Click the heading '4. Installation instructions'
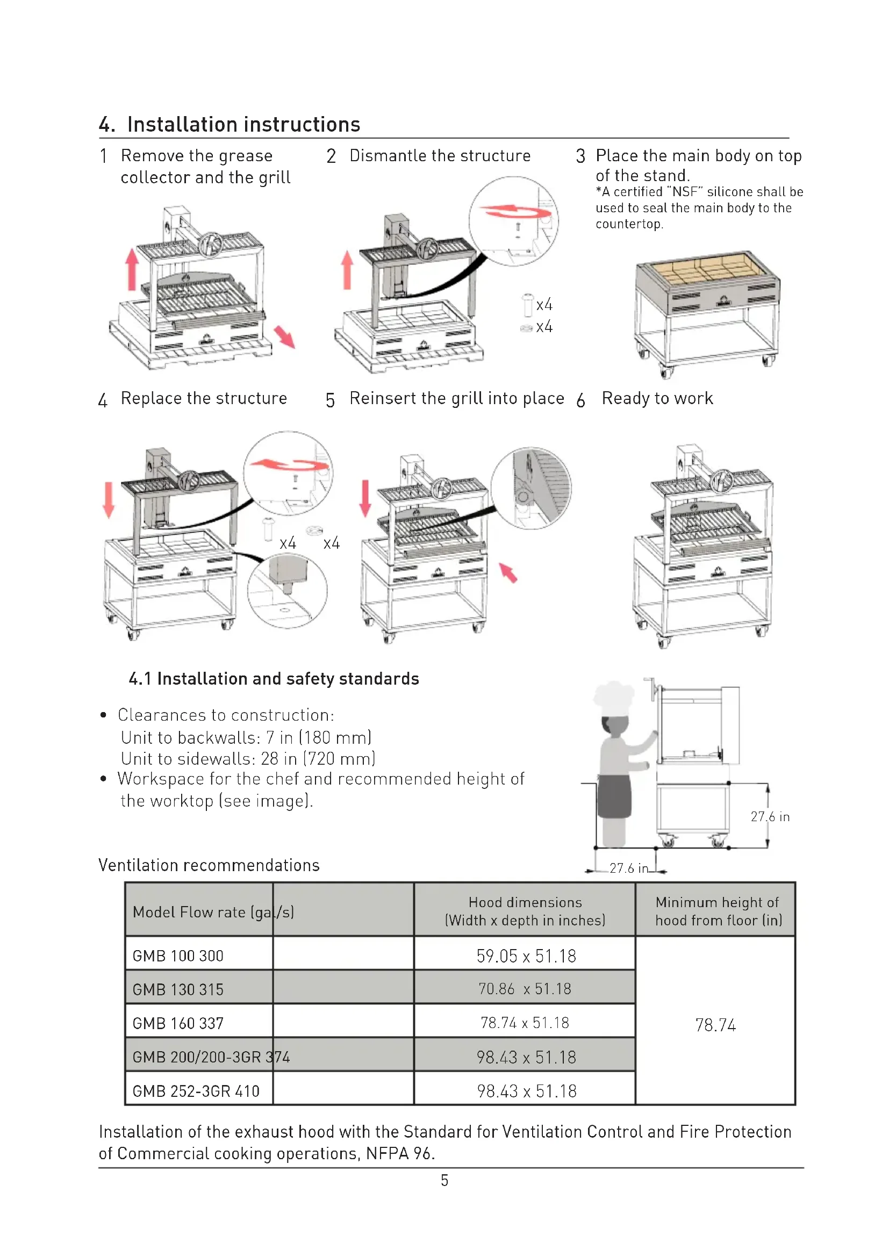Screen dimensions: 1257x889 (x=230, y=125)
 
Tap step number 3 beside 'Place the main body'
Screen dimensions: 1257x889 (x=580, y=156)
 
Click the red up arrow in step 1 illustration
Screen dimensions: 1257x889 (x=131, y=269)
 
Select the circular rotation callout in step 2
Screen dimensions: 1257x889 (x=513, y=221)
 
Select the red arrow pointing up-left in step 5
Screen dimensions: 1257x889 (x=508, y=573)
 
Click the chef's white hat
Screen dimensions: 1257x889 (x=614, y=696)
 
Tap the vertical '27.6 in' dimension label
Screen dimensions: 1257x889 (x=770, y=817)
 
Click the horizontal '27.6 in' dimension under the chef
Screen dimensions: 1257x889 (x=628, y=868)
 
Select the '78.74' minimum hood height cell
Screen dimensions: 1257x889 (x=715, y=1025)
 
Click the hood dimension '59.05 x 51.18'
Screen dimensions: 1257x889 (x=526, y=957)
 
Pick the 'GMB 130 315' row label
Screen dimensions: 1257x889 (x=178, y=990)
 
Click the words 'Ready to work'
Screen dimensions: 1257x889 (x=657, y=399)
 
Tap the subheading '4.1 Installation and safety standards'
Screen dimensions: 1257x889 (x=274, y=679)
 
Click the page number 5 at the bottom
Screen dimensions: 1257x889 (x=444, y=1180)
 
